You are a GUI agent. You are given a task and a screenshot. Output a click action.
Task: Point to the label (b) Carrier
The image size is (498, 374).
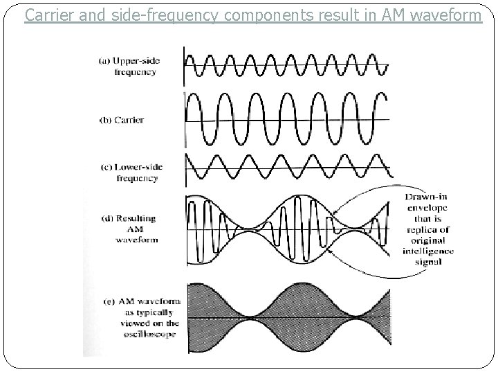pyautogui.click(x=122, y=120)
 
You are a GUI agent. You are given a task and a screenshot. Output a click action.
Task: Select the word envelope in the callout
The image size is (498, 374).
pyautogui.click(x=427, y=208)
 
